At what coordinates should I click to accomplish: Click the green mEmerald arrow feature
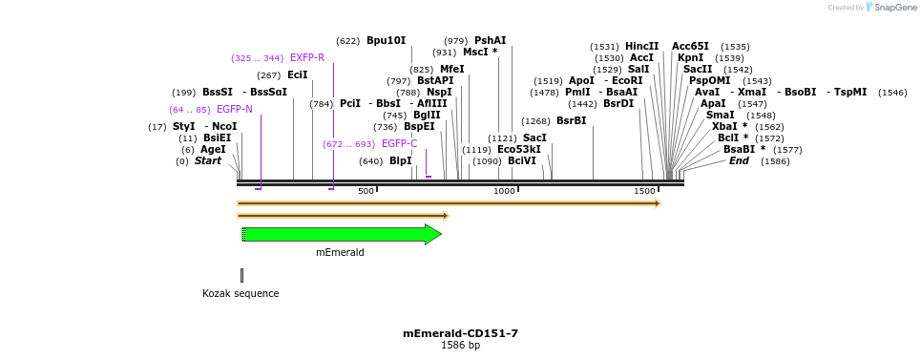341,234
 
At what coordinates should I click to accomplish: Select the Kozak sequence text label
241,293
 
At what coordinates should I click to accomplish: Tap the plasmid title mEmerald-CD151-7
460,333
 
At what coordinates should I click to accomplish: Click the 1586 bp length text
460,345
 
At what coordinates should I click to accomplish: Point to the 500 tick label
366,192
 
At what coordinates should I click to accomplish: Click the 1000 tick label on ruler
504,192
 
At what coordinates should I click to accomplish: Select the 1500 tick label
644,192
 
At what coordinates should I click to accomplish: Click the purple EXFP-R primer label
307,58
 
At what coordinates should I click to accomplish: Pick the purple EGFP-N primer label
235,109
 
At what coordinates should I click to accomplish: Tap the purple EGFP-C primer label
399,144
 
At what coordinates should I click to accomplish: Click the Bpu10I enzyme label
386,41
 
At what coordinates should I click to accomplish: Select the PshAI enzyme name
491,41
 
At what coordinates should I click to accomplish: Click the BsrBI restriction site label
571,121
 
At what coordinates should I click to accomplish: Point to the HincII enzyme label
641,46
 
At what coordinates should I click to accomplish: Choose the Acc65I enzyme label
690,46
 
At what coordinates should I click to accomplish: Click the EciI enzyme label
297,75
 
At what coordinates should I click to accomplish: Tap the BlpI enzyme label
400,161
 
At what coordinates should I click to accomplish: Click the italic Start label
207,161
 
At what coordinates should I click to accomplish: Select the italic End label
739,161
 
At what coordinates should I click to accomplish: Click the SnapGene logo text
895,8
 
